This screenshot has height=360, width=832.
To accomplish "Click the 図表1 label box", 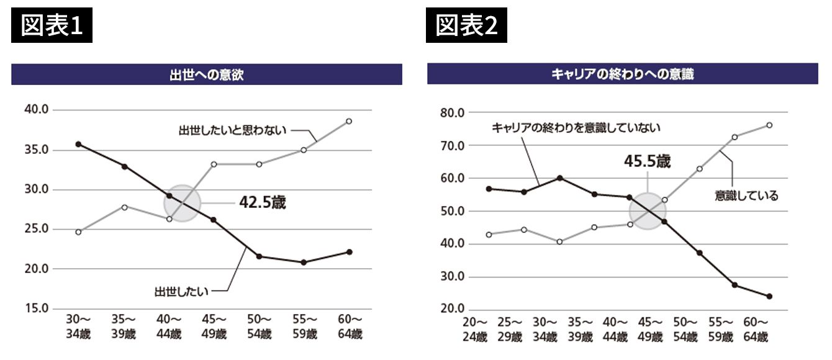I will pyautogui.click(x=52, y=25).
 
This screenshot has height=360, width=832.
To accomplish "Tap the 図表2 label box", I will pyautogui.click(x=466, y=25).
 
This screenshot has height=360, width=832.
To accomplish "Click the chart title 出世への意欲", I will pyautogui.click(x=206, y=74).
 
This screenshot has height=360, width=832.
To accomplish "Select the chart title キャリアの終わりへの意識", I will pyautogui.click(x=622, y=74).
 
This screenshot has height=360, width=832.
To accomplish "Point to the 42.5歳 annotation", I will pyautogui.click(x=263, y=202).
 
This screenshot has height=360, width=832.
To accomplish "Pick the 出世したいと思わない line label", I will pyautogui.click(x=232, y=130).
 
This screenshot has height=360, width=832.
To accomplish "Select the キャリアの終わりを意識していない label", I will pyautogui.click(x=576, y=128).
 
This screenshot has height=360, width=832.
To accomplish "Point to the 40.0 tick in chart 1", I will pyautogui.click(x=37, y=110).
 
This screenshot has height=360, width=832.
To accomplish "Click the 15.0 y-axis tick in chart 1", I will pyautogui.click(x=37, y=308).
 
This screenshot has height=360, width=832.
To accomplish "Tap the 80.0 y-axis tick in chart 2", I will pyautogui.click(x=453, y=113).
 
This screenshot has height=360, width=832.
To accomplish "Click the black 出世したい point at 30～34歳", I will pyautogui.click(x=78, y=144).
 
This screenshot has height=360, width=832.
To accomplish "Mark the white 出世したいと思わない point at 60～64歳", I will pyautogui.click(x=349, y=121).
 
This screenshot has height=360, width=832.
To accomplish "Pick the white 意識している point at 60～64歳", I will pyautogui.click(x=769, y=125).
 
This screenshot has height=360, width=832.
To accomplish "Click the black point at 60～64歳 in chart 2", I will pyautogui.click(x=769, y=296).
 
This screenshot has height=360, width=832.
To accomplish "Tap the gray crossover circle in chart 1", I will pyautogui.click(x=183, y=203).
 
